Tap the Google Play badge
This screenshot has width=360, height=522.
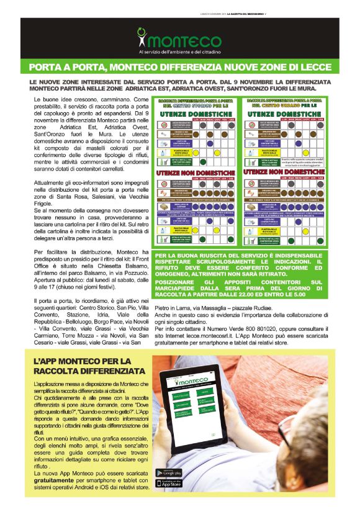point(169,473)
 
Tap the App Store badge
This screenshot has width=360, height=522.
point(169,484)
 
